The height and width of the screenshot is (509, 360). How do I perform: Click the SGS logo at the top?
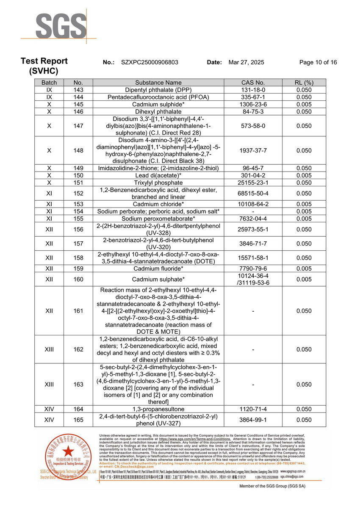point(61,26)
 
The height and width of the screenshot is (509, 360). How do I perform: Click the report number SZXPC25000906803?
point(150,62)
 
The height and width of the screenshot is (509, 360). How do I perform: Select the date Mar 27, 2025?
point(246,62)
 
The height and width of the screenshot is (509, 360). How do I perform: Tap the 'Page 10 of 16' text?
point(318,62)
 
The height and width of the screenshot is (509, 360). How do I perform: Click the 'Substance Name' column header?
point(158,83)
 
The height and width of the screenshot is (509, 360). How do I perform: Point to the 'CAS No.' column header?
point(253,83)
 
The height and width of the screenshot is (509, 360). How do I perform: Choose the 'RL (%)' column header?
point(304,83)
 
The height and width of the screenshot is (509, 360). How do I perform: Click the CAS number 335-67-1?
point(253,97)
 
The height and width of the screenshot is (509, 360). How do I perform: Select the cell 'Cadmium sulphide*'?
point(158,104)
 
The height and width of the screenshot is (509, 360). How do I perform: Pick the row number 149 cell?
point(78,168)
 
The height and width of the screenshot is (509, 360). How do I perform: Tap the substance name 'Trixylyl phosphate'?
point(158,183)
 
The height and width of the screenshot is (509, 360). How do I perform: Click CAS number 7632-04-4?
point(253,219)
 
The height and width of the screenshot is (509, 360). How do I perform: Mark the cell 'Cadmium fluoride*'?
point(158,268)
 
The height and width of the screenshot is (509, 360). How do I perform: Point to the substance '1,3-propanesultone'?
point(158,409)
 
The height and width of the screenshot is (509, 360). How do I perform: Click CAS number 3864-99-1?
point(253,420)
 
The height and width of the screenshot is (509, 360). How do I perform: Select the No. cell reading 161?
point(78,311)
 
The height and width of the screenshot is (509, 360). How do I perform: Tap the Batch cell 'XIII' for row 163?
point(49,385)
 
